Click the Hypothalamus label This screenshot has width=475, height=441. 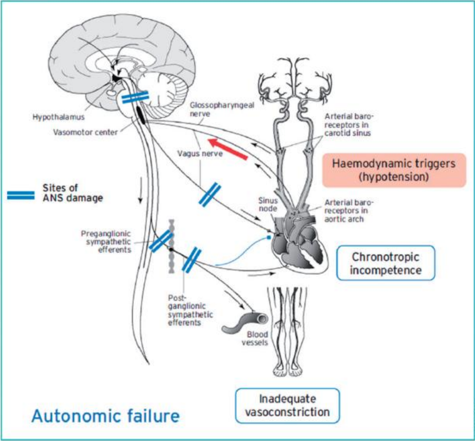click(59, 117)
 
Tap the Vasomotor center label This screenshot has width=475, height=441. click(86, 132)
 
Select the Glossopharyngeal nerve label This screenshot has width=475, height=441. click(222, 109)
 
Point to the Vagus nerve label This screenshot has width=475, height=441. click(200, 153)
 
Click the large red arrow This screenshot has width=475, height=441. click(228, 149)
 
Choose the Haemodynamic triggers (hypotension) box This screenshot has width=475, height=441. click(394, 170)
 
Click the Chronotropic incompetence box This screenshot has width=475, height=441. click(385, 263)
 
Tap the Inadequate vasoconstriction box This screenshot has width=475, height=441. click(287, 406)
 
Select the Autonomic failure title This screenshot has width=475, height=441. click(105, 416)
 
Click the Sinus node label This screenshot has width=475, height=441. click(268, 205)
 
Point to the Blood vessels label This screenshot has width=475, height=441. click(255, 338)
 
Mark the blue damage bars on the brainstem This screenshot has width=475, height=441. click(135, 97)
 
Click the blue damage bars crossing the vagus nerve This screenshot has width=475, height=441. click(210, 195)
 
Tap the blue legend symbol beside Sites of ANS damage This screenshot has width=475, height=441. click(21, 195)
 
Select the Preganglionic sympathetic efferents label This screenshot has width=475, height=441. click(106, 242)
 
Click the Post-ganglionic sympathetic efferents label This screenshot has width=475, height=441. click(191, 310)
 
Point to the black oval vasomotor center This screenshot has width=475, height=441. click(141, 115)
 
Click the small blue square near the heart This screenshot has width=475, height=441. click(269, 238)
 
